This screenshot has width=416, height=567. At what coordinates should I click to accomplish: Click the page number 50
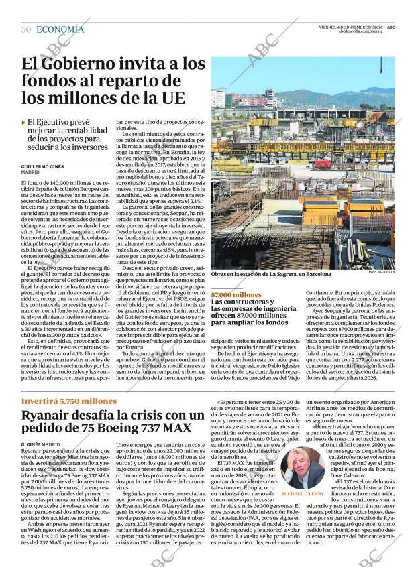coord(26,29)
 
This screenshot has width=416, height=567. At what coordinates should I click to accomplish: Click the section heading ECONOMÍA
coord(60,29)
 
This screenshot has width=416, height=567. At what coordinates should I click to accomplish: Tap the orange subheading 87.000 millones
coord(236,295)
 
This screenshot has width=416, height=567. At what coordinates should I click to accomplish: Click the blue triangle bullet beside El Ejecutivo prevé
coord(24,123)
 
